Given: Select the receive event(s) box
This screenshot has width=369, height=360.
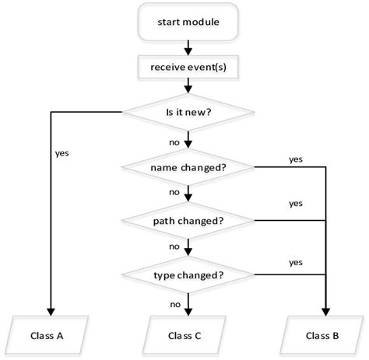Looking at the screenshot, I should coord(187,68).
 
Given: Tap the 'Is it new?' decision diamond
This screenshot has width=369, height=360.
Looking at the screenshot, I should coord(187,113).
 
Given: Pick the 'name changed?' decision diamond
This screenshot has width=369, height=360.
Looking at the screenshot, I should coord(187,166).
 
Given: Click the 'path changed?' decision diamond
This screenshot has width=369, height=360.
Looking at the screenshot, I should coord(187,220).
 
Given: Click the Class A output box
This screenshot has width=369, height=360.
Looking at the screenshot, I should coord(51,336).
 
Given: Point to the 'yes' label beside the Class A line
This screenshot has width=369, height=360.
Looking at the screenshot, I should coord(62,152).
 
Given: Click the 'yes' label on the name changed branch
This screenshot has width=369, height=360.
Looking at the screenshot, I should coord(296,159).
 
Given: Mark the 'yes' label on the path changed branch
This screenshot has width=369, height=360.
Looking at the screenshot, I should coord(296,204).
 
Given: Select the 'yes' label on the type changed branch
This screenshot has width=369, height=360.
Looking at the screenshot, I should coord(296,262).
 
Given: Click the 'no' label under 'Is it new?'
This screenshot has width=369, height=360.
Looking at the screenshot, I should coord(176,142).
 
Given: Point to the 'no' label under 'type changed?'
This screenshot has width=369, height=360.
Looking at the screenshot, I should coord(176,303).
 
